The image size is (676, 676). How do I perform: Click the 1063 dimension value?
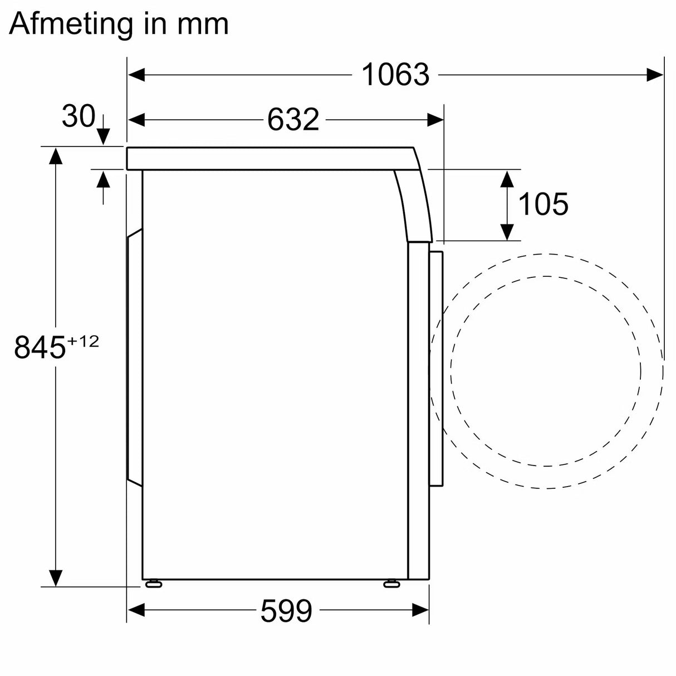pyautogui.click(x=395, y=75)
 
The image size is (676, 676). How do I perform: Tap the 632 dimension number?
pyautogui.click(x=293, y=120)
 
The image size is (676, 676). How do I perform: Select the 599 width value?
pyautogui.click(x=286, y=611)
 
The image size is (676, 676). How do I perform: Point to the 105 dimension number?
pyautogui.click(x=543, y=204)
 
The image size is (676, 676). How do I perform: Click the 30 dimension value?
pyautogui.click(x=78, y=116)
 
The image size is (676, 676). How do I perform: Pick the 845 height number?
pyautogui.click(x=40, y=347)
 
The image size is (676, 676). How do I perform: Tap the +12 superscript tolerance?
pyautogui.click(x=83, y=341)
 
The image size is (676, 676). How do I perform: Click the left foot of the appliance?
pyautogui.click(x=153, y=584)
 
